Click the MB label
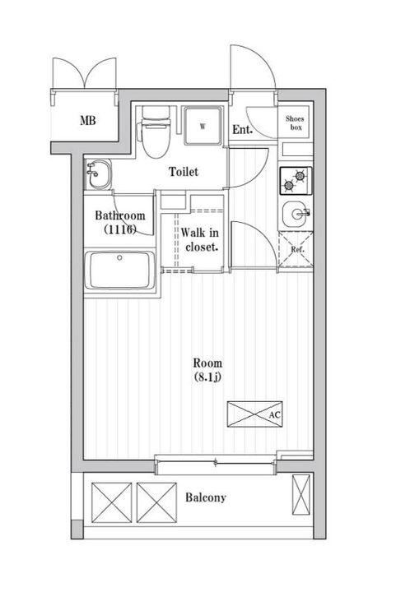point(87,121)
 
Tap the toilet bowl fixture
point(155,132)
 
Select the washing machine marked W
point(203,126)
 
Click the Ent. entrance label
point(242,130)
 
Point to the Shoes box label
point(295,123)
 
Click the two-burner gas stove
point(296,181)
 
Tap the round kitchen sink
point(296,214)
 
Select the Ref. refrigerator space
point(296,250)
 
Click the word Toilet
point(184,172)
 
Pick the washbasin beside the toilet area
point(98,174)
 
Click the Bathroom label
point(120,215)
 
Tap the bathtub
point(120,270)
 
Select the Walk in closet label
point(199,239)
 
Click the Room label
point(207,363)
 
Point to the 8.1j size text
point(207,377)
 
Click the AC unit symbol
point(254,414)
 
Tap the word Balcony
point(206,497)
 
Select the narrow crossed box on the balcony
point(301,495)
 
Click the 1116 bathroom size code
point(120,229)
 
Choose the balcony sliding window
point(216,462)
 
